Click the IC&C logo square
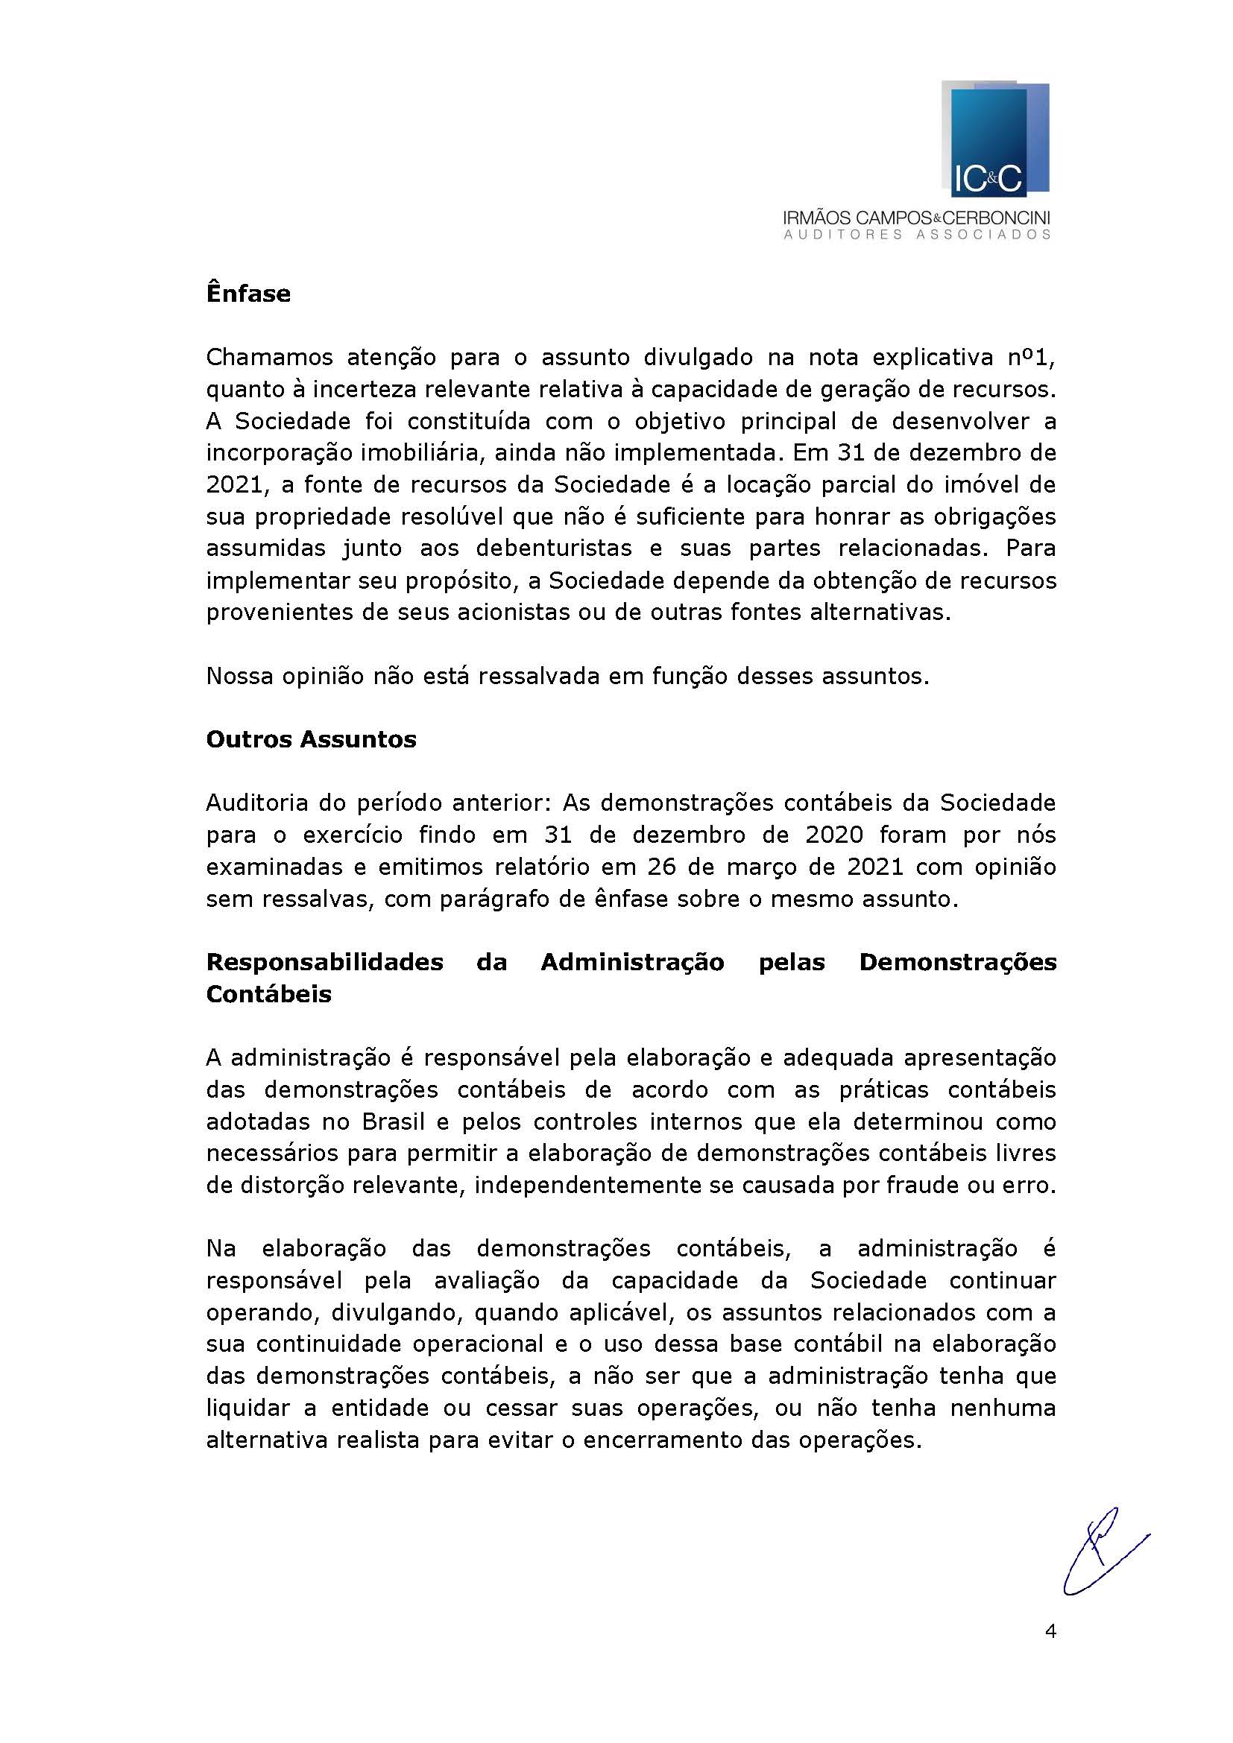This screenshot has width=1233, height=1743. (994, 139)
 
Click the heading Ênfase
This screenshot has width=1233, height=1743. (248, 294)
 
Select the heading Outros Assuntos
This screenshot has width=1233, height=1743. (312, 739)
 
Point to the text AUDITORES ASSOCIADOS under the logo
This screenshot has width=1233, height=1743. (917, 235)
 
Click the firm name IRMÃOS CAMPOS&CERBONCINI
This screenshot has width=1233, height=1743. (917, 218)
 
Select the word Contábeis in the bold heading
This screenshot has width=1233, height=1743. (269, 994)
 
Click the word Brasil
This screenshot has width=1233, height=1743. (393, 1122)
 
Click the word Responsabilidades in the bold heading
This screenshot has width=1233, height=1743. (324, 962)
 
